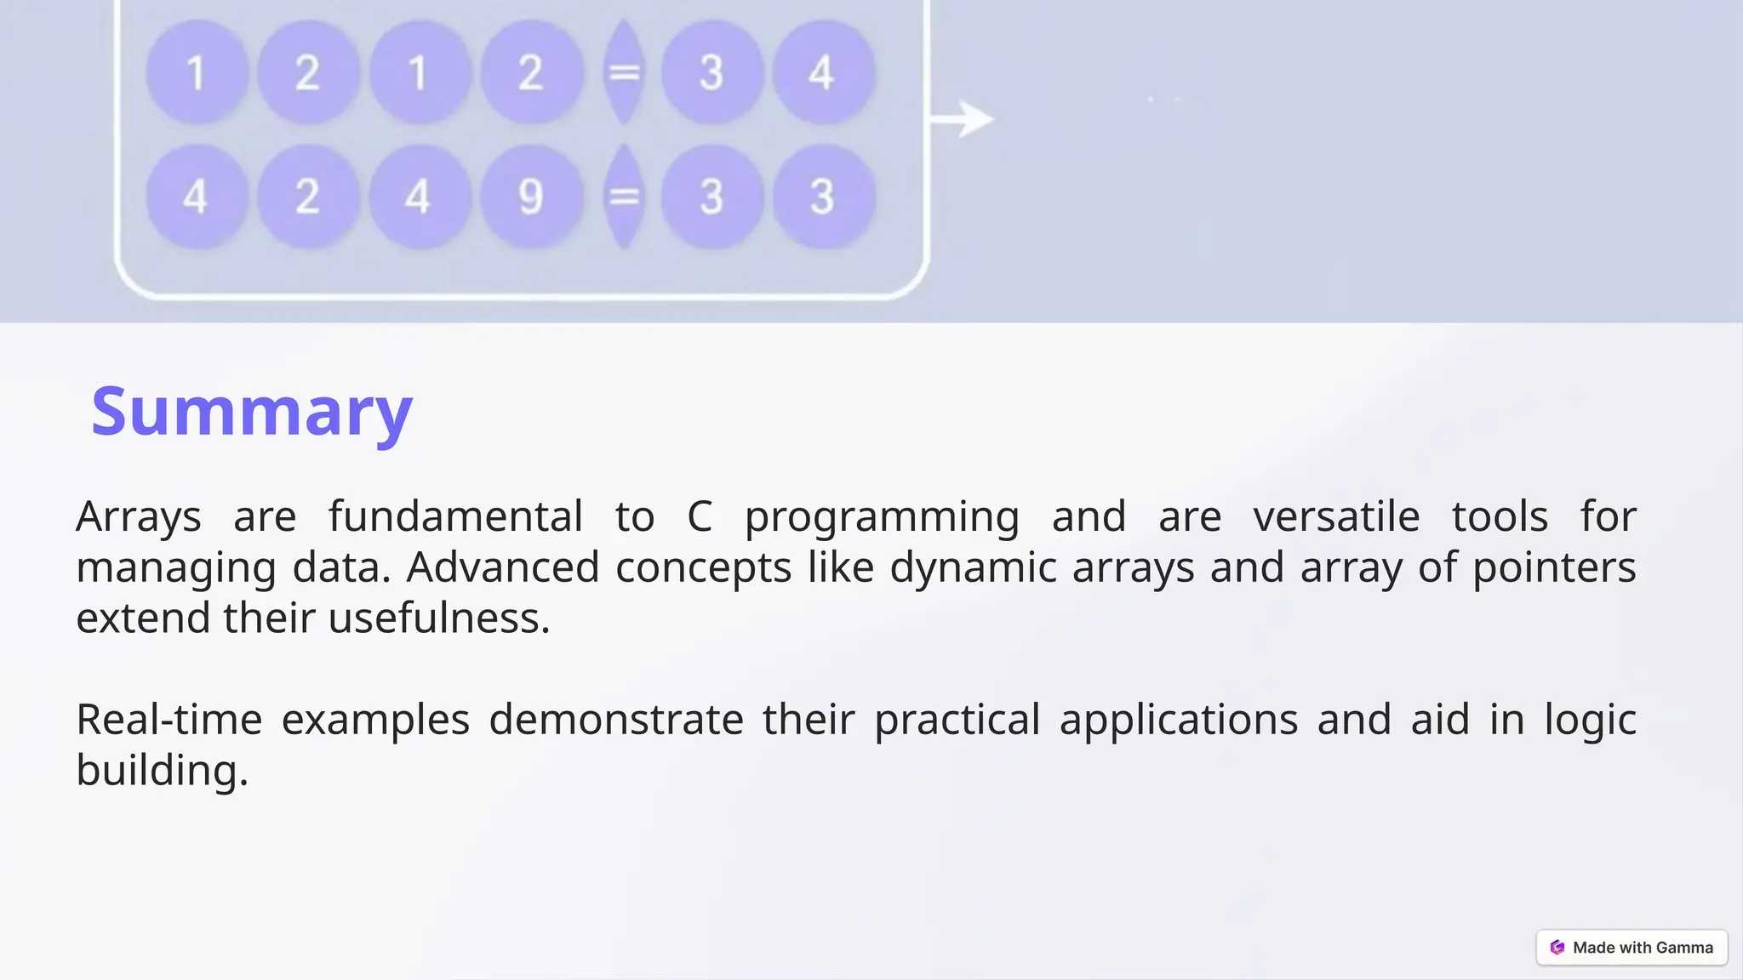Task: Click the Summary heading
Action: pos(252,412)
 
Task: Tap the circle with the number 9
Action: pos(531,197)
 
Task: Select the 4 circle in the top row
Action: pos(822,72)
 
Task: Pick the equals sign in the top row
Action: pos(624,72)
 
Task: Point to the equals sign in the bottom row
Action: pos(624,197)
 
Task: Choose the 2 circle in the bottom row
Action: pos(307,197)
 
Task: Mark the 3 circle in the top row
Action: pos(711,72)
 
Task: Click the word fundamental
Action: pos(455,516)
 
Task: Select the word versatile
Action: pos(1336,516)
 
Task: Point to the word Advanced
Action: pos(503,567)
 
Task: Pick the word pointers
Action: pos(1554,568)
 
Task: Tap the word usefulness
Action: pos(438,618)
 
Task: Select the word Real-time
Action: pos(169,720)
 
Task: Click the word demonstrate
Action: pos(616,720)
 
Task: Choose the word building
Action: pos(161,771)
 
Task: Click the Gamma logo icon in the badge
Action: pos(1557,948)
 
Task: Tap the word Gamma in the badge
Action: pos(1684,948)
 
